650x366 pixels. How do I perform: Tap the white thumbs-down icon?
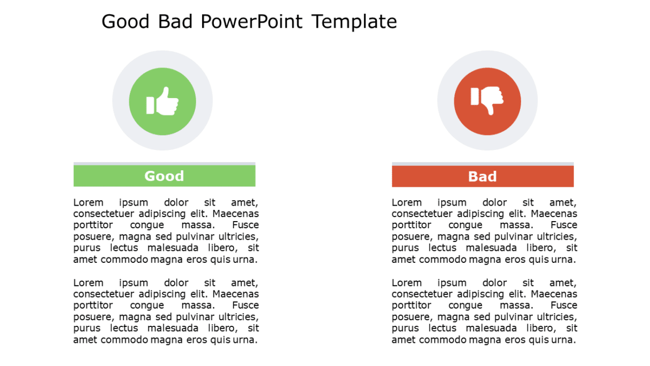488,100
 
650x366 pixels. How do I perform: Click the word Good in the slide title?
126,22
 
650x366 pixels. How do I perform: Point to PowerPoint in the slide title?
252,22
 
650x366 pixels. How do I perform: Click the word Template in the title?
354,22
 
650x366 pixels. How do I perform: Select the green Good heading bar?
164,176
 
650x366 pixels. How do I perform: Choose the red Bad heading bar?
483,176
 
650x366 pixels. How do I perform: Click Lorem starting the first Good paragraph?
88,202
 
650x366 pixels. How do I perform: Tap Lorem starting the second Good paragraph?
88,283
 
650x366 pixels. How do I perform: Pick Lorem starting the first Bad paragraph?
407,202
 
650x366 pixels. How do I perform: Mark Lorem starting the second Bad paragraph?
407,283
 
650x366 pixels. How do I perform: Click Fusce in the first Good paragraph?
245,225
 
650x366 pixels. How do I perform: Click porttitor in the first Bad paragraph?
411,225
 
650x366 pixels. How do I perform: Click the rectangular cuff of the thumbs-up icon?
150,105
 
